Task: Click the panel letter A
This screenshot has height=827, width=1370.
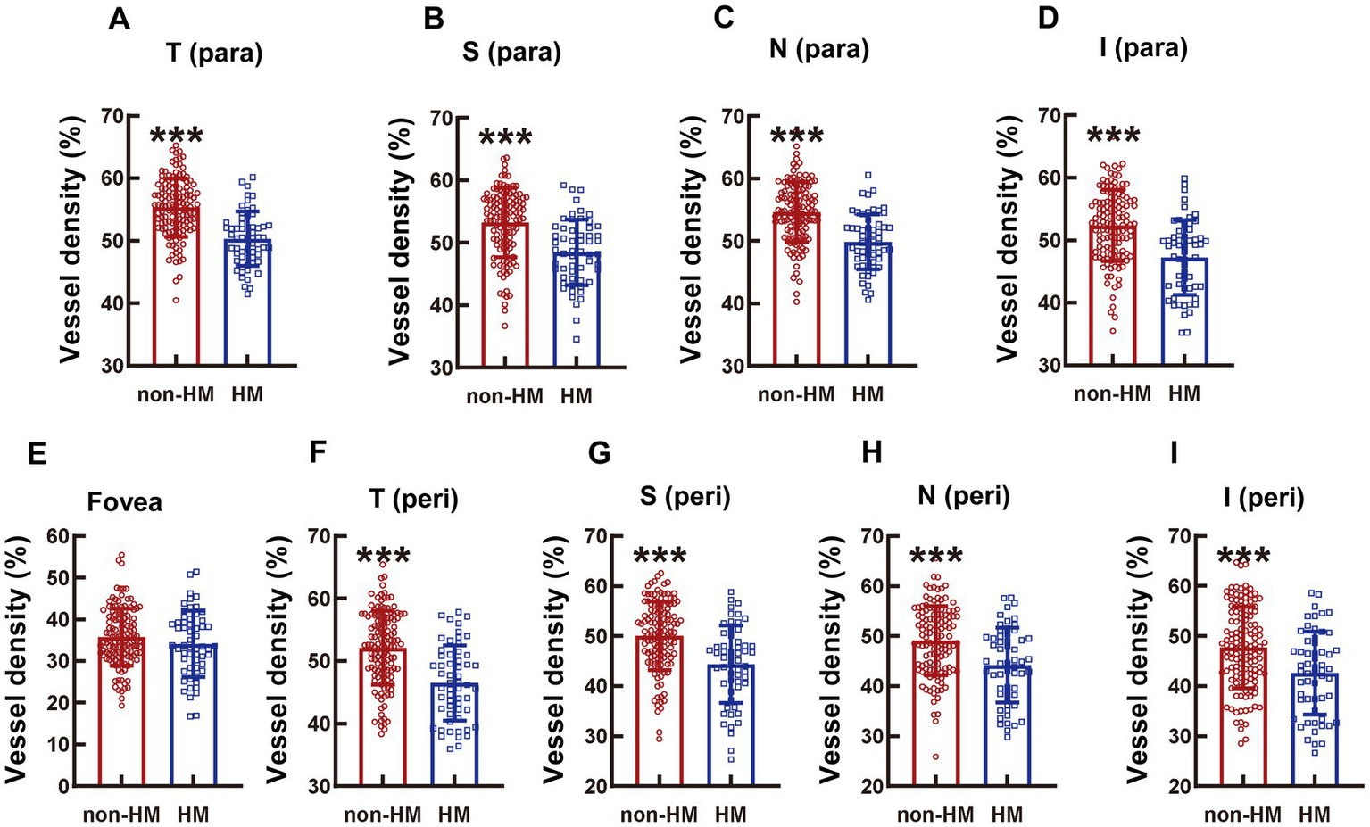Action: coord(119,19)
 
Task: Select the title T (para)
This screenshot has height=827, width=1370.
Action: coord(214,54)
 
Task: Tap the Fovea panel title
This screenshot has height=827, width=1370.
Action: coord(125,502)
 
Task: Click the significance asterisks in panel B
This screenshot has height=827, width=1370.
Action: coord(505,138)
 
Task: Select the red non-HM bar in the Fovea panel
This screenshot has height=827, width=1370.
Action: coord(121,714)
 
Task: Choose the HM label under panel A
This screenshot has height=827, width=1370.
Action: coord(247,393)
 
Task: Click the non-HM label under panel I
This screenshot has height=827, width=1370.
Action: coord(1242,815)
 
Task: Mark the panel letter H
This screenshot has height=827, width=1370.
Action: coord(871,453)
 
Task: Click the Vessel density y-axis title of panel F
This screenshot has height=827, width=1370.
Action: coord(278,660)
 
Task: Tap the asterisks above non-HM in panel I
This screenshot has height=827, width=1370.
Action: coord(1243,558)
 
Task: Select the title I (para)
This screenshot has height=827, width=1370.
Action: coord(1143,47)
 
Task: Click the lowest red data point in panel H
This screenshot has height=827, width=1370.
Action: coord(935,757)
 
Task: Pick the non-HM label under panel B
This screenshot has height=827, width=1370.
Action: coord(504,395)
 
